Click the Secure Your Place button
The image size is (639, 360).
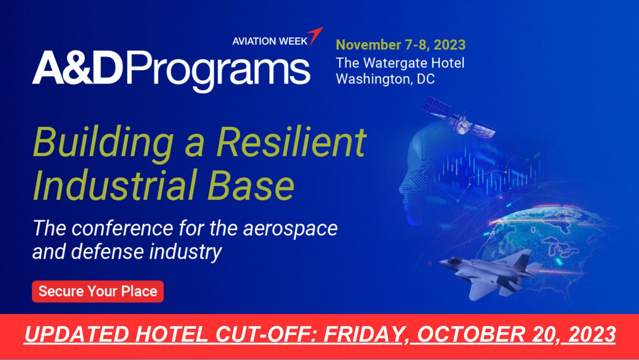point(97,291)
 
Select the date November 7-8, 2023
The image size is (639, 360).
point(400,44)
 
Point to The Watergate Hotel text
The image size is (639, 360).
point(400,63)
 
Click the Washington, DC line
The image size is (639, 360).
point(385,79)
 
